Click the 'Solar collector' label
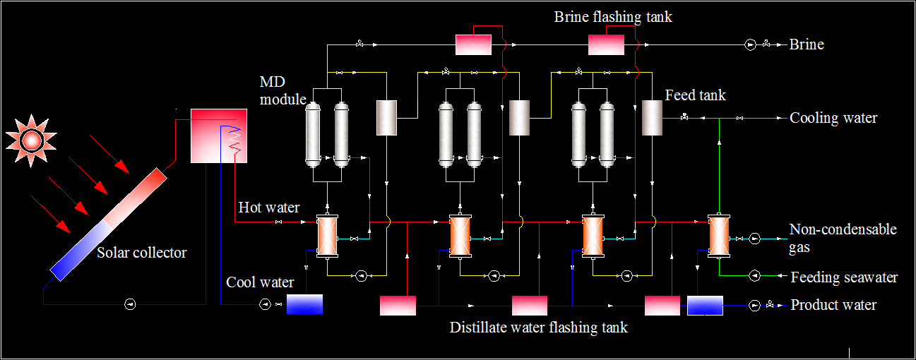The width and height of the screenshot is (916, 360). (x=142, y=253)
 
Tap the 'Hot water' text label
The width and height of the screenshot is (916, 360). (x=268, y=208)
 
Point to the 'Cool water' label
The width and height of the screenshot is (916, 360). (x=260, y=282)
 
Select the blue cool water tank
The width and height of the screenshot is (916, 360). (x=304, y=304)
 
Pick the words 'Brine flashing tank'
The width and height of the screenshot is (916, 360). (x=612, y=17)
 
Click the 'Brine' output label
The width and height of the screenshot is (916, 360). (x=807, y=44)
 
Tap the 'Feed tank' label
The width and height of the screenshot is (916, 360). (x=695, y=95)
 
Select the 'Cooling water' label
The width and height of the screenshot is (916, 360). (x=833, y=118)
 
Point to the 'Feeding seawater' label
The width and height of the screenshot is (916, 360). (x=844, y=277)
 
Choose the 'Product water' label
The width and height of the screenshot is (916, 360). (x=833, y=305)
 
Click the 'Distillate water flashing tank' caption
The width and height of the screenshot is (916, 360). (x=538, y=328)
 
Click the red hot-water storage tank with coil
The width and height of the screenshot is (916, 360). (x=219, y=136)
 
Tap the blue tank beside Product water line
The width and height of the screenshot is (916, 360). (x=705, y=305)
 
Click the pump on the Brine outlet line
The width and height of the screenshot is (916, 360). (x=749, y=44)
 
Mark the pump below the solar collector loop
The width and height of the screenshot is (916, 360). (x=130, y=304)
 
